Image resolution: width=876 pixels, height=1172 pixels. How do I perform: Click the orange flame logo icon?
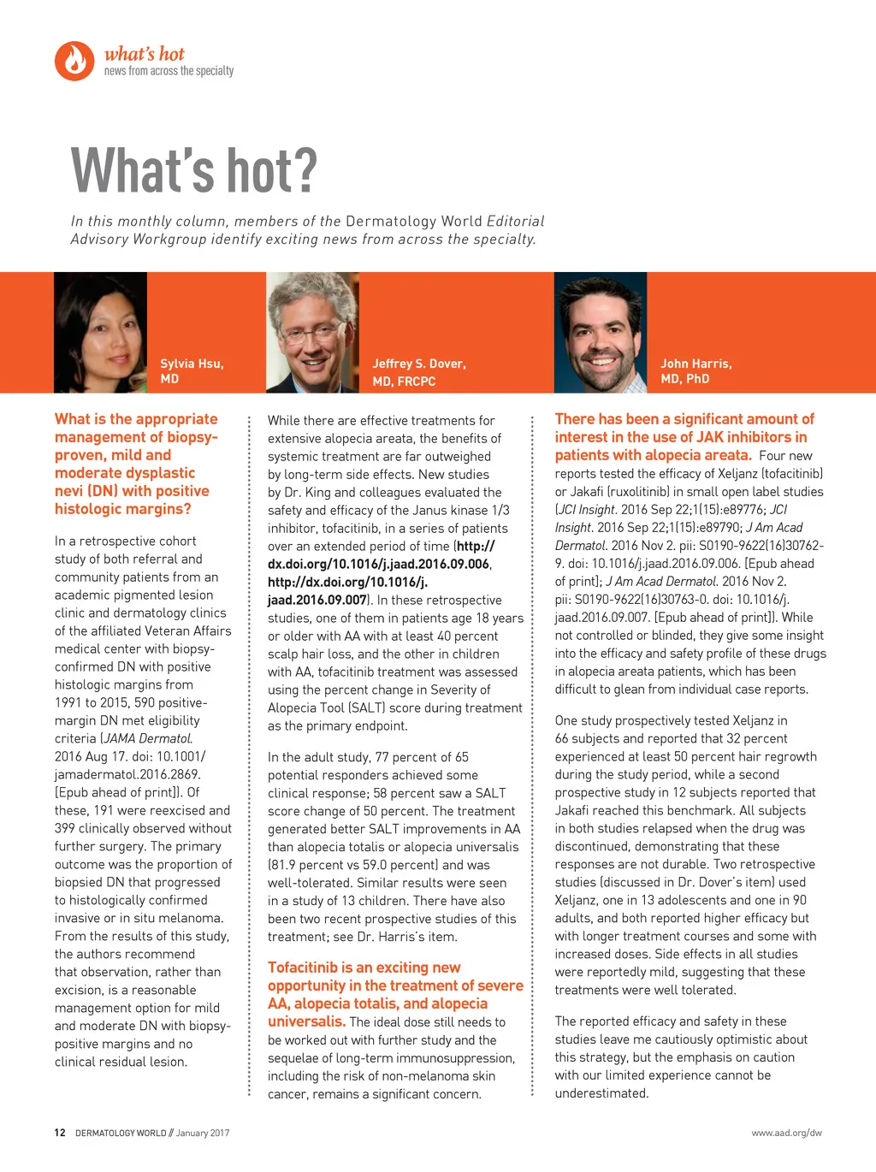click(74, 61)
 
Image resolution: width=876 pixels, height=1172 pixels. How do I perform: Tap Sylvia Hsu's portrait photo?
click(100, 333)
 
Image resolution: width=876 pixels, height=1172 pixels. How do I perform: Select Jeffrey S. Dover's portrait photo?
click(312, 333)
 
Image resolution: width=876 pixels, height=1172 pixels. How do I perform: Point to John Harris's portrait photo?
click(601, 333)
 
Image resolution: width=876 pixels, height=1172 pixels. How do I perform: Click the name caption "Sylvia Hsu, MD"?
click(192, 371)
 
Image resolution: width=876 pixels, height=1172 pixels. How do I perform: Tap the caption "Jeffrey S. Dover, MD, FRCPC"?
click(418, 372)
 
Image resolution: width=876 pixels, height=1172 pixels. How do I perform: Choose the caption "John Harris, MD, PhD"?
click(695, 371)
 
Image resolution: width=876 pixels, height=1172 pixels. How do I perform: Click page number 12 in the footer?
click(60, 1133)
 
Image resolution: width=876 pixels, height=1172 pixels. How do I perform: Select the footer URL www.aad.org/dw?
click(786, 1133)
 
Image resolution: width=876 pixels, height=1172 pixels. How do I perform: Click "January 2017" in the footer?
click(203, 1133)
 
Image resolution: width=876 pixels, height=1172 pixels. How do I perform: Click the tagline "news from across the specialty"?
click(169, 71)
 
